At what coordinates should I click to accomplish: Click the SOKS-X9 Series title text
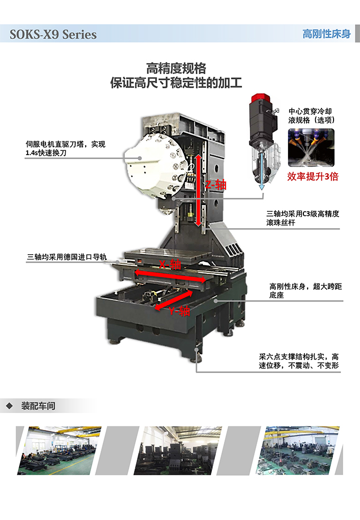click(53, 34)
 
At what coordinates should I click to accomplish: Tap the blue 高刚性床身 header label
click(327, 34)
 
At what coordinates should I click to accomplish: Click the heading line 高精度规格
click(176, 69)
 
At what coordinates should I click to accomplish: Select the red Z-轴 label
click(216, 185)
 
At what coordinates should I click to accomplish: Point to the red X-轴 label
click(170, 264)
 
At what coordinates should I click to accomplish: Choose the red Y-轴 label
click(179, 311)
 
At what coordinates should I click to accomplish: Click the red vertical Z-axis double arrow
click(198, 190)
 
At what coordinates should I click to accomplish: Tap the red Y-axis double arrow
click(174, 300)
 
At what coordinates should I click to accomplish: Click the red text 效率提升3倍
click(312, 176)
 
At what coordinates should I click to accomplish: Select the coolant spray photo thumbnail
click(311, 148)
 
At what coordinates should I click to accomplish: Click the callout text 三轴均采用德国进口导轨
click(67, 257)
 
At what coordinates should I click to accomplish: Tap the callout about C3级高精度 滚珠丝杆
click(303, 218)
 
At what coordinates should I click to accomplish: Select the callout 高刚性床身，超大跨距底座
click(305, 291)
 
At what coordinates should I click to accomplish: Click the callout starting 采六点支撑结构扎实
click(299, 361)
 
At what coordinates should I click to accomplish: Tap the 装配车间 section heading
click(38, 406)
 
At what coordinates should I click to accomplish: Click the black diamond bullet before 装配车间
click(10, 406)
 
